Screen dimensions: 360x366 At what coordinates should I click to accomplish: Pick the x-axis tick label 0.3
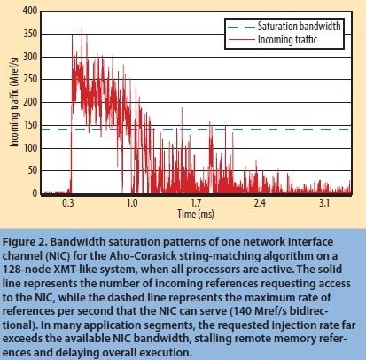point(69,203)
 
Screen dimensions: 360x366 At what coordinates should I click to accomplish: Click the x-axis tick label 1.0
point(132,203)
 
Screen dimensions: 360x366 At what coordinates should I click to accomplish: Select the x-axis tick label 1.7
point(196,203)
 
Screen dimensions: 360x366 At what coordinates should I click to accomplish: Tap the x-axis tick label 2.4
point(260,203)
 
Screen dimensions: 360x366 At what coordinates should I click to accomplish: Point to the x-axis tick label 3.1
point(323,203)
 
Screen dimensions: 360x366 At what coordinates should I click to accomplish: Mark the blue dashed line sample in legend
point(236,27)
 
